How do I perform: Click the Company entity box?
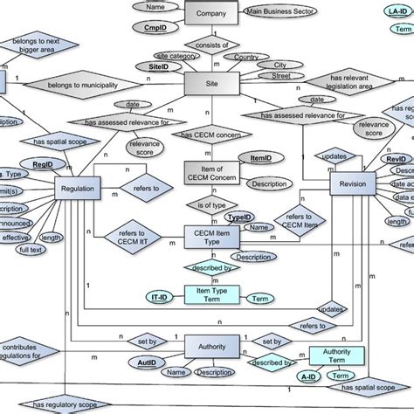click(211, 15)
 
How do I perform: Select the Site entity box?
click(212, 82)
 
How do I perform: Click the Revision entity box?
click(353, 184)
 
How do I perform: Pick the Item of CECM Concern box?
click(211, 174)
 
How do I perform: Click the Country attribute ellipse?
click(246, 58)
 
